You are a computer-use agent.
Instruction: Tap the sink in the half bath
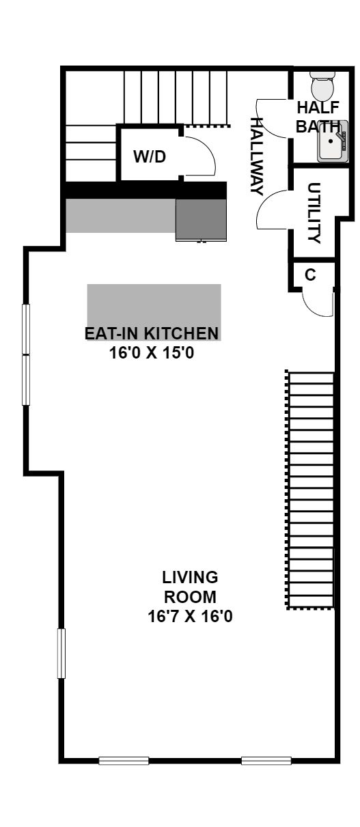[332, 141]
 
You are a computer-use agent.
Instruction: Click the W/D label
[150, 157]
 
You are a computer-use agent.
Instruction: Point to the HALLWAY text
[257, 156]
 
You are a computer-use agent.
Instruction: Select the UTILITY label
[314, 212]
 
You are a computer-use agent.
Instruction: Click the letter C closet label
[311, 275]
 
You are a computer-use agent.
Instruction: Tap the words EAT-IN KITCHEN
[152, 333]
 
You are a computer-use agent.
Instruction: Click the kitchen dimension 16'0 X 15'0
[152, 353]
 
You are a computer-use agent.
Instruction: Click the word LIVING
[190, 577]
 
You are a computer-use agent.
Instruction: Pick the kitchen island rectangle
[154, 312]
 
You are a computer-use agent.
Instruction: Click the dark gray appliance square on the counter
[201, 220]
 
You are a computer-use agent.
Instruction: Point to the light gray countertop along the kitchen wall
[121, 216]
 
